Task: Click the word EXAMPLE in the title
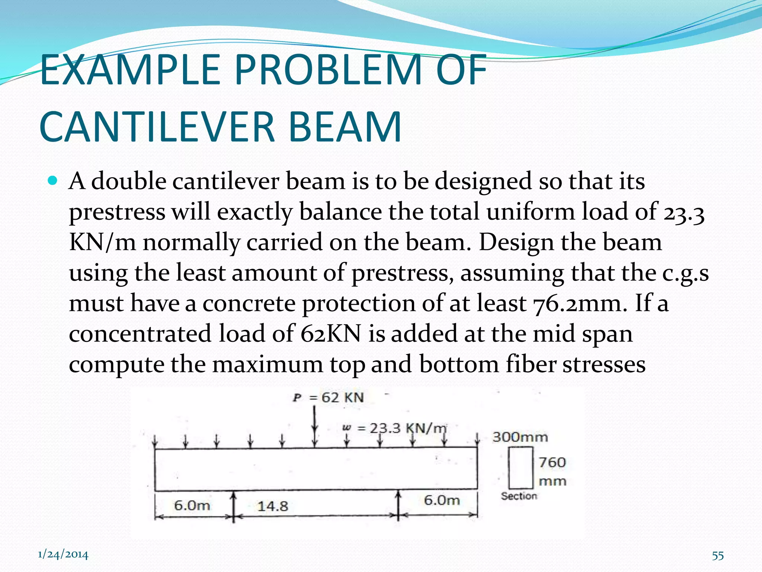click(x=130, y=70)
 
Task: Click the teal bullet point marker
click(x=53, y=181)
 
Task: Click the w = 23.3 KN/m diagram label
click(x=394, y=428)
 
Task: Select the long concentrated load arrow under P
click(x=315, y=425)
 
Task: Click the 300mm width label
click(x=520, y=437)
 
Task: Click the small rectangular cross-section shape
click(x=521, y=468)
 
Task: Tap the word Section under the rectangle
click(x=519, y=496)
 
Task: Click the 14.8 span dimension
click(x=273, y=506)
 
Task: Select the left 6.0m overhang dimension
click(x=192, y=505)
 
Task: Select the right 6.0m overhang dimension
click(x=442, y=500)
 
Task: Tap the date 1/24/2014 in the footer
click(x=63, y=555)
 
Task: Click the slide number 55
click(x=718, y=556)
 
